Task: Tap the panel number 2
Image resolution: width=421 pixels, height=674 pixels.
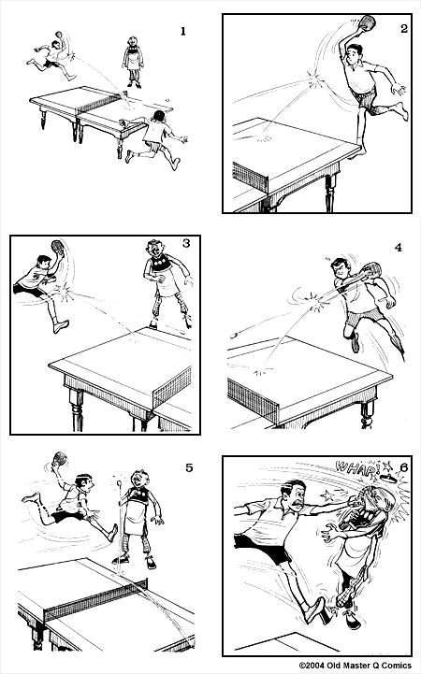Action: (x=403, y=29)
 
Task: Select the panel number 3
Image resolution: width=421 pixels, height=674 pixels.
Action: (x=186, y=244)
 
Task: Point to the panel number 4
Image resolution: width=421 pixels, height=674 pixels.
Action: (x=398, y=248)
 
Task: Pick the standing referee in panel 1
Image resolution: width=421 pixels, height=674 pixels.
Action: (x=133, y=62)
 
